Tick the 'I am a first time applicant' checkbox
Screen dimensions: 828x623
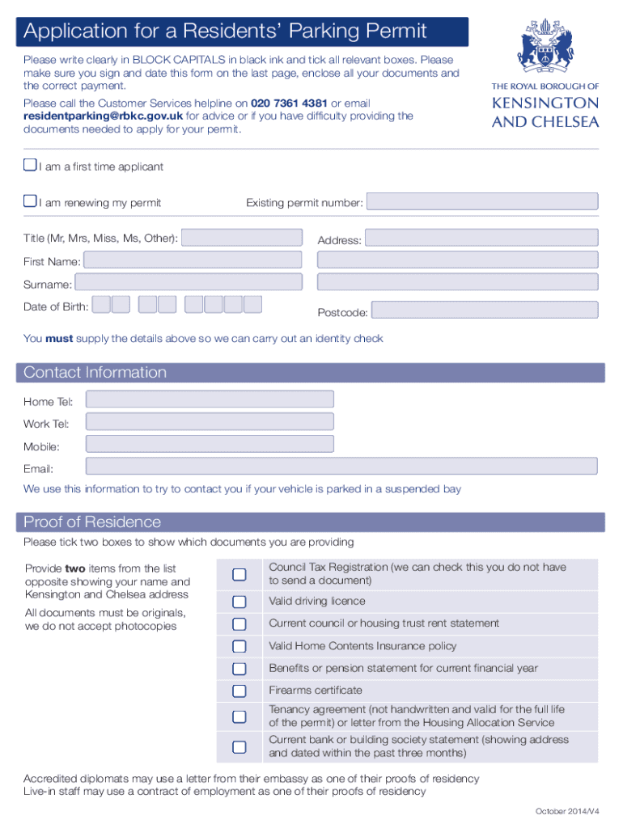(30, 166)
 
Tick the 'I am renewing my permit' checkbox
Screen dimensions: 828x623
(30, 201)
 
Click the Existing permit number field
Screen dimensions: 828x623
(482, 202)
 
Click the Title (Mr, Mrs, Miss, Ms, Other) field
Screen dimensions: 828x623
(243, 238)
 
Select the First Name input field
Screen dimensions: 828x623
(193, 260)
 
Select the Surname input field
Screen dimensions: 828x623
(188, 282)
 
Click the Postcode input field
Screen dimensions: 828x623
(484, 310)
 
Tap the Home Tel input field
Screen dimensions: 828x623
(210, 399)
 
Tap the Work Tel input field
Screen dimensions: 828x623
(210, 421)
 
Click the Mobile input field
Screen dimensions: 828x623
(210, 444)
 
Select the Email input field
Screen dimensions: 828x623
(341, 467)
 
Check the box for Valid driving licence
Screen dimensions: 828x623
(239, 602)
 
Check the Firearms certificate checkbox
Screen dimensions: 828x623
(239, 691)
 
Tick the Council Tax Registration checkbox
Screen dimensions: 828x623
(239, 574)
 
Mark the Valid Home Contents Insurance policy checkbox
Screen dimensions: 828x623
(239, 646)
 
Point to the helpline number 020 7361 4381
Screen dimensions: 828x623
(289, 103)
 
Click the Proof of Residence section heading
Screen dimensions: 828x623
(92, 522)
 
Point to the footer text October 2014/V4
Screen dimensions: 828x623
(566, 811)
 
